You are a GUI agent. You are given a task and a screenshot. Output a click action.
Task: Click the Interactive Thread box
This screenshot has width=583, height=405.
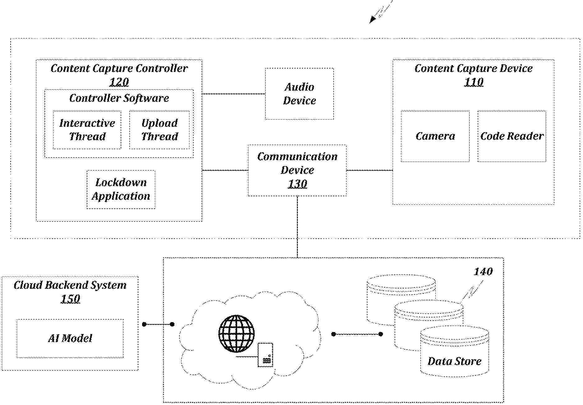[x=87, y=130]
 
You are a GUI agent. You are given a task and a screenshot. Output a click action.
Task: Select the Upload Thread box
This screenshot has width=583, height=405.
[x=159, y=130]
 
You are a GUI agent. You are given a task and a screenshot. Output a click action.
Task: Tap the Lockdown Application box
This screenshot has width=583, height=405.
[x=121, y=189]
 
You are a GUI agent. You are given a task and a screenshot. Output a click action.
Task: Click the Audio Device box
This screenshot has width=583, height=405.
[x=299, y=94]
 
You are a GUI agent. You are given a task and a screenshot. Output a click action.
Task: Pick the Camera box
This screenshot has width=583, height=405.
[x=435, y=136]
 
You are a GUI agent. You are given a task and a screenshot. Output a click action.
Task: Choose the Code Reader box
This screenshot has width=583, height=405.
[x=512, y=136]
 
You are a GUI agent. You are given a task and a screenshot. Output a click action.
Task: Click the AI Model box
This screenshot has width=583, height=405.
[x=70, y=338]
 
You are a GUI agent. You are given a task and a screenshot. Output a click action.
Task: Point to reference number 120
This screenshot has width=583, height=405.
[x=119, y=82]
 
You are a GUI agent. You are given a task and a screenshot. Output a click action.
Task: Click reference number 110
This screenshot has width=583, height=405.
[x=474, y=82]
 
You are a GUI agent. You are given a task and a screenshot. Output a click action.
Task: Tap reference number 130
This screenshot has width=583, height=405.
[x=297, y=184]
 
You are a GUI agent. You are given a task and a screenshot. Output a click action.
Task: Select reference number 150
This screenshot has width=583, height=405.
[x=70, y=299]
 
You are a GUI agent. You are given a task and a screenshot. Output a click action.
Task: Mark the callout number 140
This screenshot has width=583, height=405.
[x=483, y=272]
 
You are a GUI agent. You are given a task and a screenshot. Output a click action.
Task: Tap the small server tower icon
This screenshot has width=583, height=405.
[x=266, y=355]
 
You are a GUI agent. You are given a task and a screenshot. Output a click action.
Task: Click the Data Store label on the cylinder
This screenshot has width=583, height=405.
[x=454, y=361]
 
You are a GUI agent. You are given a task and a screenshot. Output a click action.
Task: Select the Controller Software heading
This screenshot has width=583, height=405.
[x=119, y=98]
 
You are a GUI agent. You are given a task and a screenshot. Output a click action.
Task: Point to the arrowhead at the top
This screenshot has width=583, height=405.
[x=372, y=20]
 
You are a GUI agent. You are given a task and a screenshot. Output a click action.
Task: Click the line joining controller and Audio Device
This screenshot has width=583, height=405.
[x=234, y=94]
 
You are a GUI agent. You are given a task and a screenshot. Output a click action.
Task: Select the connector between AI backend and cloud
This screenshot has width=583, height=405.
[x=158, y=324]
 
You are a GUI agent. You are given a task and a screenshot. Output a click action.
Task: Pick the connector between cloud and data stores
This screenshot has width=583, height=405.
[x=357, y=334]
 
